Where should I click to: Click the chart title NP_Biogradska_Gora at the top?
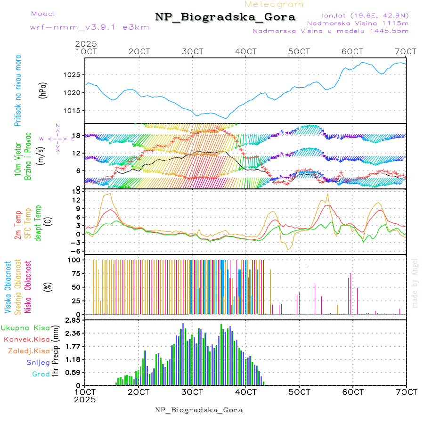225,17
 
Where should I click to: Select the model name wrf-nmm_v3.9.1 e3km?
90,27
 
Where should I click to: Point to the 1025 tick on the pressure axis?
72,74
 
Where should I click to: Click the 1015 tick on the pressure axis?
72,110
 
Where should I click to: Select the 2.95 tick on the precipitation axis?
72,320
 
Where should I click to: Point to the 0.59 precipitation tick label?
72,372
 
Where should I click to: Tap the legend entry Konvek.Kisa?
27,339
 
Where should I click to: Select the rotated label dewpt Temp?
38,221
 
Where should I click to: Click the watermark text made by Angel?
415,283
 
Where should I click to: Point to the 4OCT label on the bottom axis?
245,391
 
